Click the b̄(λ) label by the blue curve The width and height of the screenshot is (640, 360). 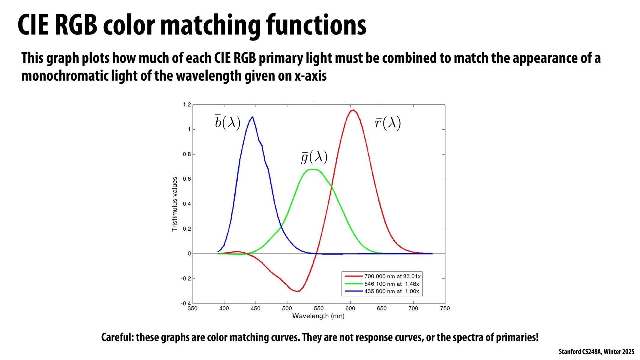(x=228, y=123)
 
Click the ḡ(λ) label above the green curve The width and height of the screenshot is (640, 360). (x=314, y=157)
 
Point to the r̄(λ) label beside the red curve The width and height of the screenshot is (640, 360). (x=388, y=123)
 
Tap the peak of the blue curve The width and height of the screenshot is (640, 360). (x=252, y=117)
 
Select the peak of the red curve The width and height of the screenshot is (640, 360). (x=353, y=110)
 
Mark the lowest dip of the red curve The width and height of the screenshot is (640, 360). (x=297, y=291)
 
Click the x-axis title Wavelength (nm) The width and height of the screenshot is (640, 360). (x=318, y=316)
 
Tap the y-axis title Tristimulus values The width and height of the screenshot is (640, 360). (x=174, y=204)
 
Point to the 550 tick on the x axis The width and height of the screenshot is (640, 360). (x=319, y=308)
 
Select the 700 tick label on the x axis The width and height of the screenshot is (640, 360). (x=413, y=308)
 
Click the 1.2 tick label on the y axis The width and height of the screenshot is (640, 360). (x=187, y=105)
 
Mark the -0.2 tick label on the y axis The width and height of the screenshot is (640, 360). (x=186, y=279)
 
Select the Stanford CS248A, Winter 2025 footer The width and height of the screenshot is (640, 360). (x=596, y=352)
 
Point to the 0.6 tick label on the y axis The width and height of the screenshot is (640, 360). (x=187, y=179)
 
